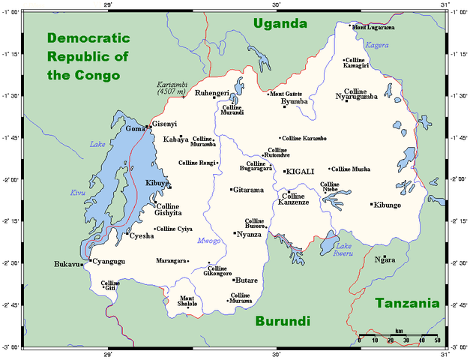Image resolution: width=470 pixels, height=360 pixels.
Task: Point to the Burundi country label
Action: coord(283,322)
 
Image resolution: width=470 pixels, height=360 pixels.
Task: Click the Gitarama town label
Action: coord(248,190)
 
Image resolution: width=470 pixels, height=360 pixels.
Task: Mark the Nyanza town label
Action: coord(249,235)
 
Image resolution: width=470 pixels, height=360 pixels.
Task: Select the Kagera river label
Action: coord(377,46)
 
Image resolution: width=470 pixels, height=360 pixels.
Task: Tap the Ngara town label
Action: coord(385,260)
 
